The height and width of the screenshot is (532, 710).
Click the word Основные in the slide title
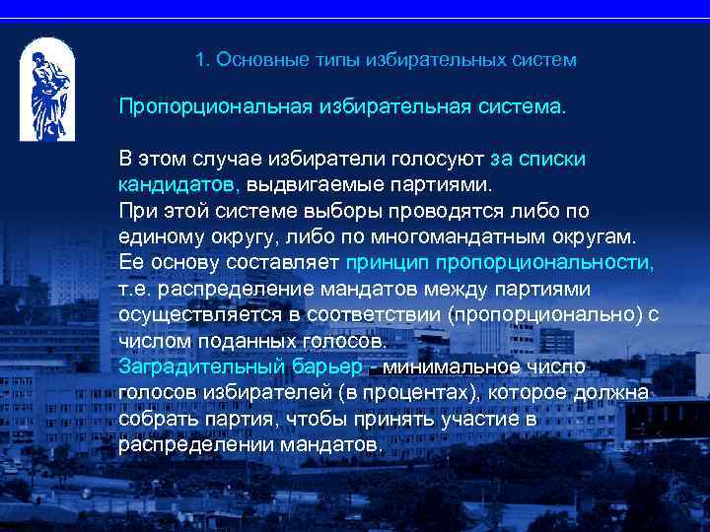256,60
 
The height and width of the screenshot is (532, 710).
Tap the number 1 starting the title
200,60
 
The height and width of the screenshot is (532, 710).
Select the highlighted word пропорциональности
544,263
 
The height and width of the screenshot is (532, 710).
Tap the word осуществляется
196,315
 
